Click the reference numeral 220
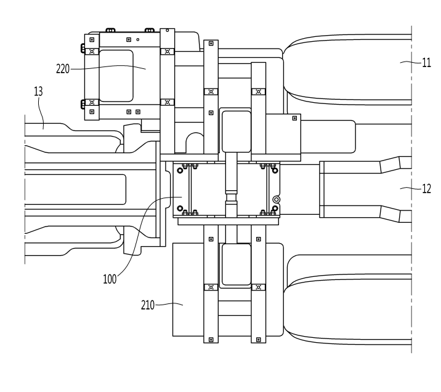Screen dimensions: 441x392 point(63,69)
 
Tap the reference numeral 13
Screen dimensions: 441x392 point(38,92)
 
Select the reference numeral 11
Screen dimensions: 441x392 point(426,63)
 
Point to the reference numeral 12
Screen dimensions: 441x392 point(426,188)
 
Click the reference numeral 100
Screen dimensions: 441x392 point(110,279)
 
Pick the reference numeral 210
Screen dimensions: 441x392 point(148,305)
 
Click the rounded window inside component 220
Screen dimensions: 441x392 point(116,76)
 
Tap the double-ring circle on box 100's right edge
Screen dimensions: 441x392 point(277,199)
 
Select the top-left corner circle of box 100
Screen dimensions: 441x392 point(180,170)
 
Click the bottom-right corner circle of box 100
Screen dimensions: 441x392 point(275,209)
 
